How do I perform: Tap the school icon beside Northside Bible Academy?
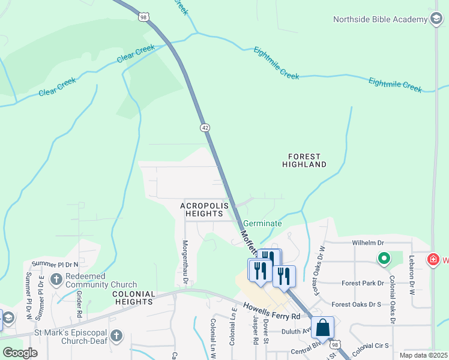pos(435,19)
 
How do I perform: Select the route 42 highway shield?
pos(205,128)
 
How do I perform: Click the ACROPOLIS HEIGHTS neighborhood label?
pos(205,210)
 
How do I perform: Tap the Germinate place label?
pos(262,223)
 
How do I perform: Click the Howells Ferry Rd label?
pos(271,311)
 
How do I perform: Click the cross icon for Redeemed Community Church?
pos(56,279)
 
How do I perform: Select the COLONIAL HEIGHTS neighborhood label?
pos(134,298)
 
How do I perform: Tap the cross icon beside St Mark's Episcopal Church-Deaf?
pos(116,336)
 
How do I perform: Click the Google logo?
pos(20,353)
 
